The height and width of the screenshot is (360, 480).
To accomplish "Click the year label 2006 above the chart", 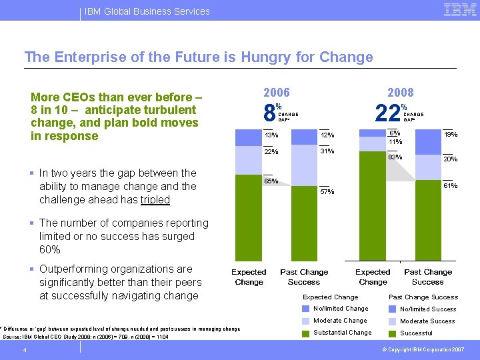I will point(277,93).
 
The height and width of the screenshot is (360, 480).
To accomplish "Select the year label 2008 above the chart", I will point(400,93).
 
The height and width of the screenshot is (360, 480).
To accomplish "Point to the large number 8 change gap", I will point(268,113).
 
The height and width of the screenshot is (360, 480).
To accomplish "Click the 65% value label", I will point(271,181).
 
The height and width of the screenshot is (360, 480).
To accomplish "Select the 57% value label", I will point(327,192).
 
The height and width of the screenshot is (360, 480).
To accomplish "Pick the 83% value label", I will point(395,157).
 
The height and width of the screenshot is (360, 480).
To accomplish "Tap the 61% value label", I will point(451,185).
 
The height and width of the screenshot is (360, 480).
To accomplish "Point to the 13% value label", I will point(271,135).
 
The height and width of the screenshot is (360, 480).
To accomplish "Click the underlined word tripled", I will point(155,199).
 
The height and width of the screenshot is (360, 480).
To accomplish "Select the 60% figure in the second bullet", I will point(50,249).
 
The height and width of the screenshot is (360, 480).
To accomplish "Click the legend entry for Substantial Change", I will point(343,333).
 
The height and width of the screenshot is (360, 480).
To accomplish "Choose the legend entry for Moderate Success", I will point(427,321).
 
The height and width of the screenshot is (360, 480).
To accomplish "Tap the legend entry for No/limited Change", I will point(341,309).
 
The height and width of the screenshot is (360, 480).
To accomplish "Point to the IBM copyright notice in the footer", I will point(423,350).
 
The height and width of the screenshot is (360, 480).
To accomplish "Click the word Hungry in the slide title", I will point(263,57).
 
